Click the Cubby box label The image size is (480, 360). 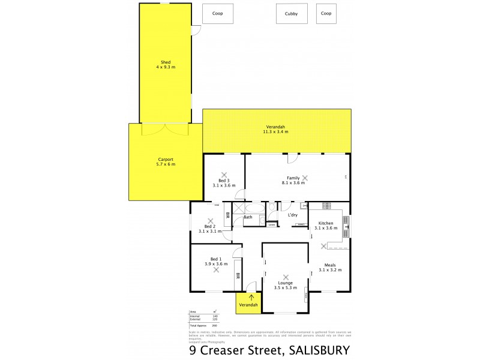[x=292, y=13]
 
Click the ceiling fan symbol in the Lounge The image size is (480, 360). [x=286, y=277]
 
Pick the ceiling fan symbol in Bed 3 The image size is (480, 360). [x=224, y=175]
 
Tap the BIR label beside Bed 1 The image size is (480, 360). [x=238, y=277]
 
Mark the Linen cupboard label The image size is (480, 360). [x=272, y=225]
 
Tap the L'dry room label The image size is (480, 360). [x=293, y=215]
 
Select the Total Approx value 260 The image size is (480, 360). [x=215, y=325]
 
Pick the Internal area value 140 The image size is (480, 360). [x=215, y=316]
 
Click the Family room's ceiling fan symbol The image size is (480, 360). [x=305, y=178]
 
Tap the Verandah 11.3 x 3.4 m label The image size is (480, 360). [x=276, y=129]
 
